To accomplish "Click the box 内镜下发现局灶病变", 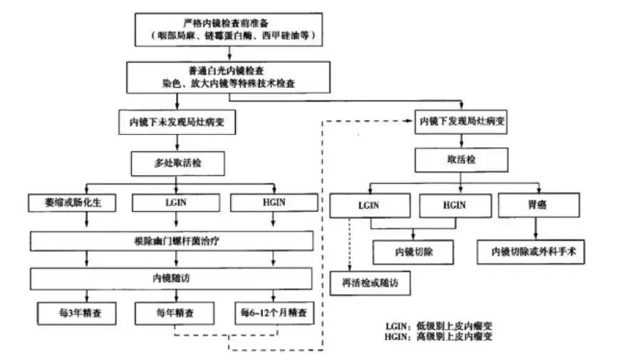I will point(460,121).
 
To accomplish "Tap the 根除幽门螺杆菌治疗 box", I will point(172,241).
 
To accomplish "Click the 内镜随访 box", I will point(172,277).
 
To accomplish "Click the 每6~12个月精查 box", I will point(275,312).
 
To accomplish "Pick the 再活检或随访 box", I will point(371,283).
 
